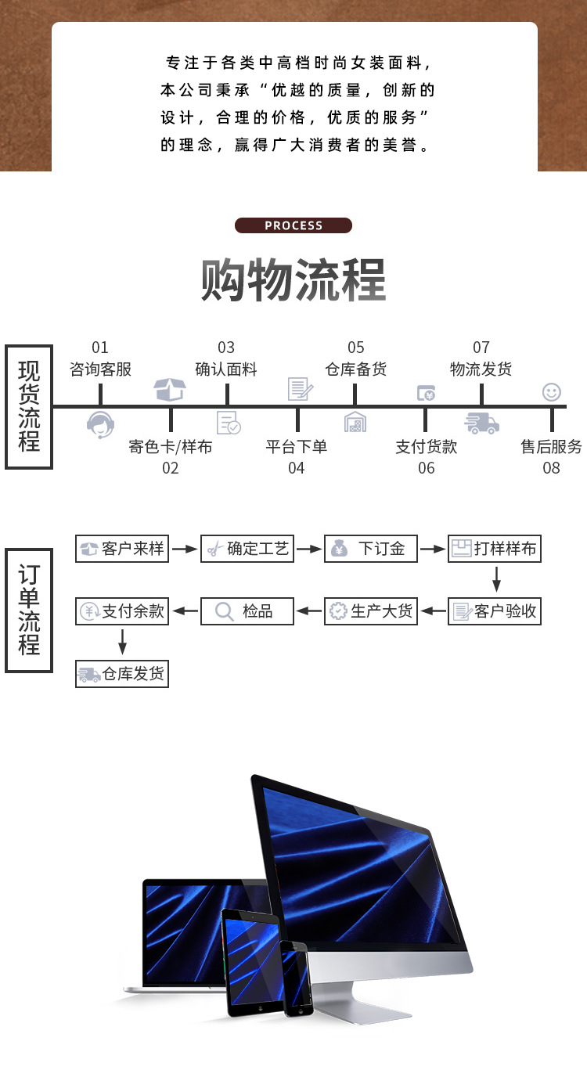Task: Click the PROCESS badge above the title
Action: (293, 225)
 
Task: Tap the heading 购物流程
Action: (293, 279)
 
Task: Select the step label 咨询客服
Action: (100, 369)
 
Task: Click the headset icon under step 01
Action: (100, 424)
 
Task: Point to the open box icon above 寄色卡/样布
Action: (170, 389)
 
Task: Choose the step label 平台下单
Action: (296, 447)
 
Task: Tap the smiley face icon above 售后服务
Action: (552, 391)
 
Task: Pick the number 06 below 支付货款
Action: (426, 468)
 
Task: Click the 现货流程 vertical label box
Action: (29, 406)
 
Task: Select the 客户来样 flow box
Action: (122, 549)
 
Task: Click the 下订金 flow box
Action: (371, 549)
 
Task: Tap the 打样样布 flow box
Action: (495, 549)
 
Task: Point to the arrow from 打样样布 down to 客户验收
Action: (495, 580)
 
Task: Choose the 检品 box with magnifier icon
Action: (247, 611)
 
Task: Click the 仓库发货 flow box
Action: (122, 674)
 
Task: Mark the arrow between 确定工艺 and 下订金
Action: (309, 549)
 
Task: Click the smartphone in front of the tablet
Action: (297, 978)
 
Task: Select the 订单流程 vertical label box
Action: (29, 611)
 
